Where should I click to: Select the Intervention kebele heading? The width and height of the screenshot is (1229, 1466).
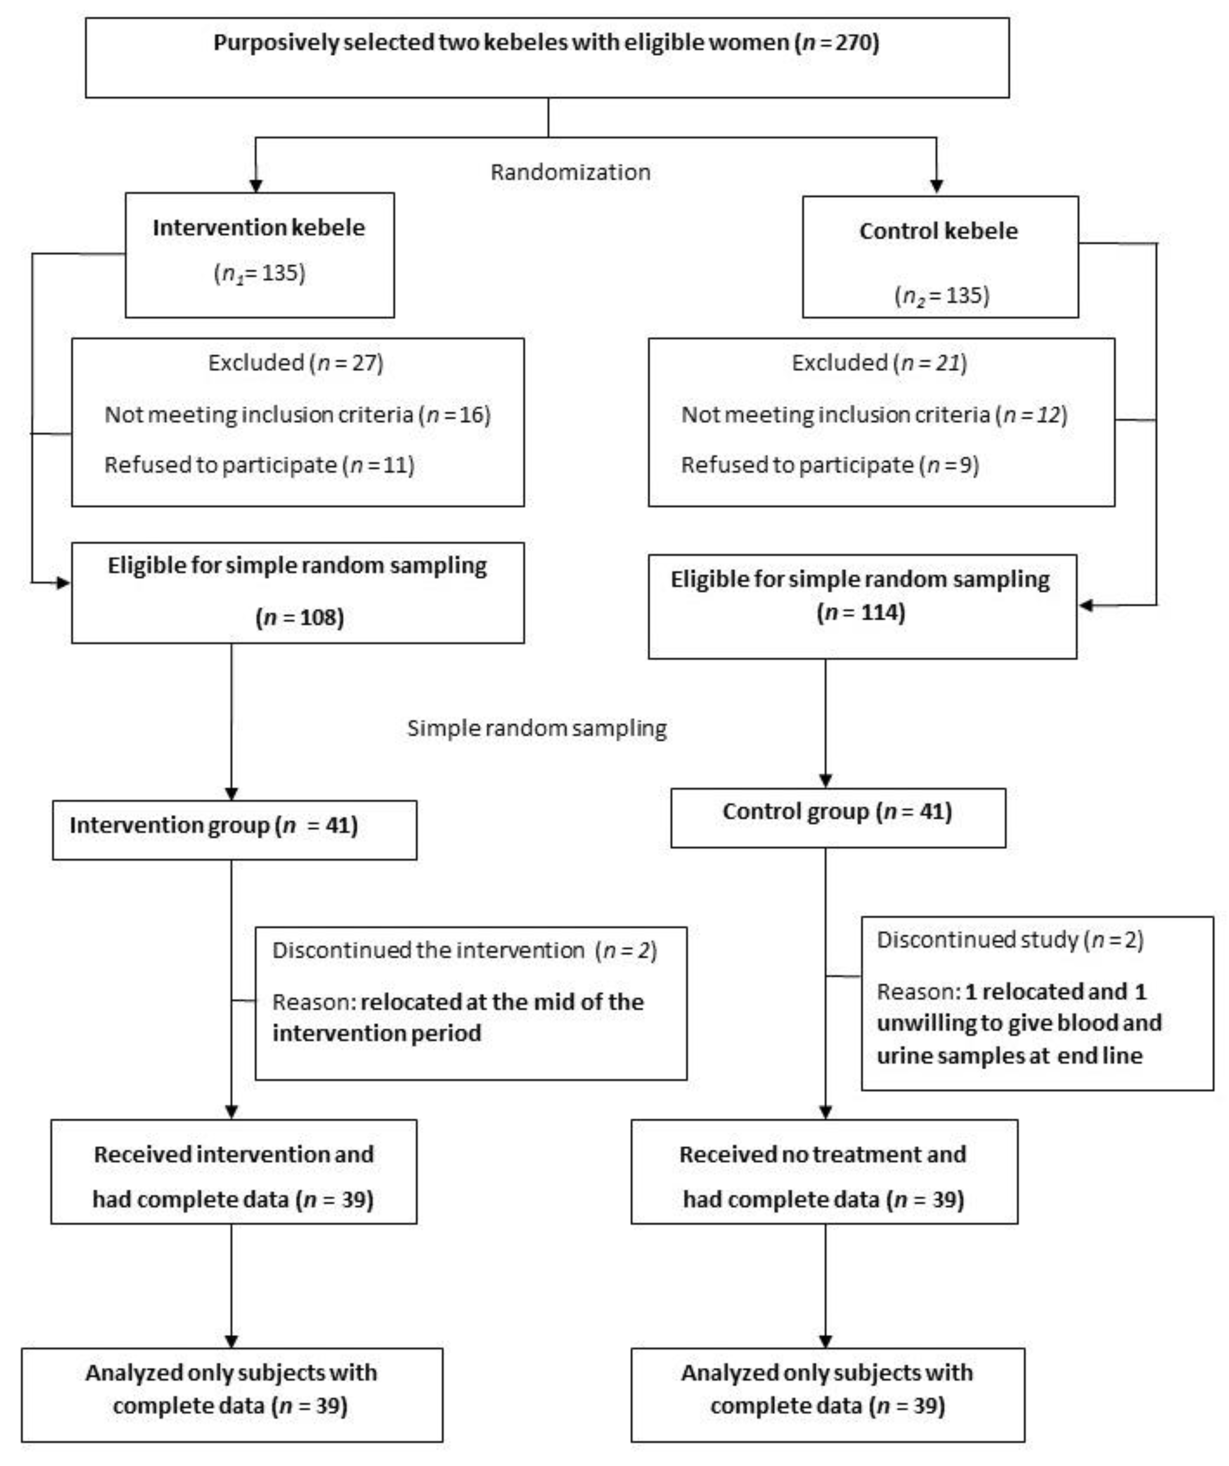tap(258, 228)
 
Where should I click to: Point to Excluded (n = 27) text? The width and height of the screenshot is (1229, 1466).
tap(295, 363)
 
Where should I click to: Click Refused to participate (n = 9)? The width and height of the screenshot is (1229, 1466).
tap(829, 465)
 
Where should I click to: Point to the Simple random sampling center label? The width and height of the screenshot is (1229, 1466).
tap(536, 728)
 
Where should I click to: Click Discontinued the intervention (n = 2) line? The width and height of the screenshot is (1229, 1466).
tap(464, 951)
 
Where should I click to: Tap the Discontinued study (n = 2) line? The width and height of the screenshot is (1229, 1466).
tap(1010, 940)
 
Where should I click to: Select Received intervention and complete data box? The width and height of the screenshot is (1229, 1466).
tap(234, 1176)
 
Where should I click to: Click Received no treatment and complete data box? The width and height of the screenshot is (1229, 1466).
tap(824, 1176)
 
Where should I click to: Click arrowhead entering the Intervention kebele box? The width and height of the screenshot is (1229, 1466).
tap(256, 186)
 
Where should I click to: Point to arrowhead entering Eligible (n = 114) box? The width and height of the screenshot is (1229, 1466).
tap(1086, 605)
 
